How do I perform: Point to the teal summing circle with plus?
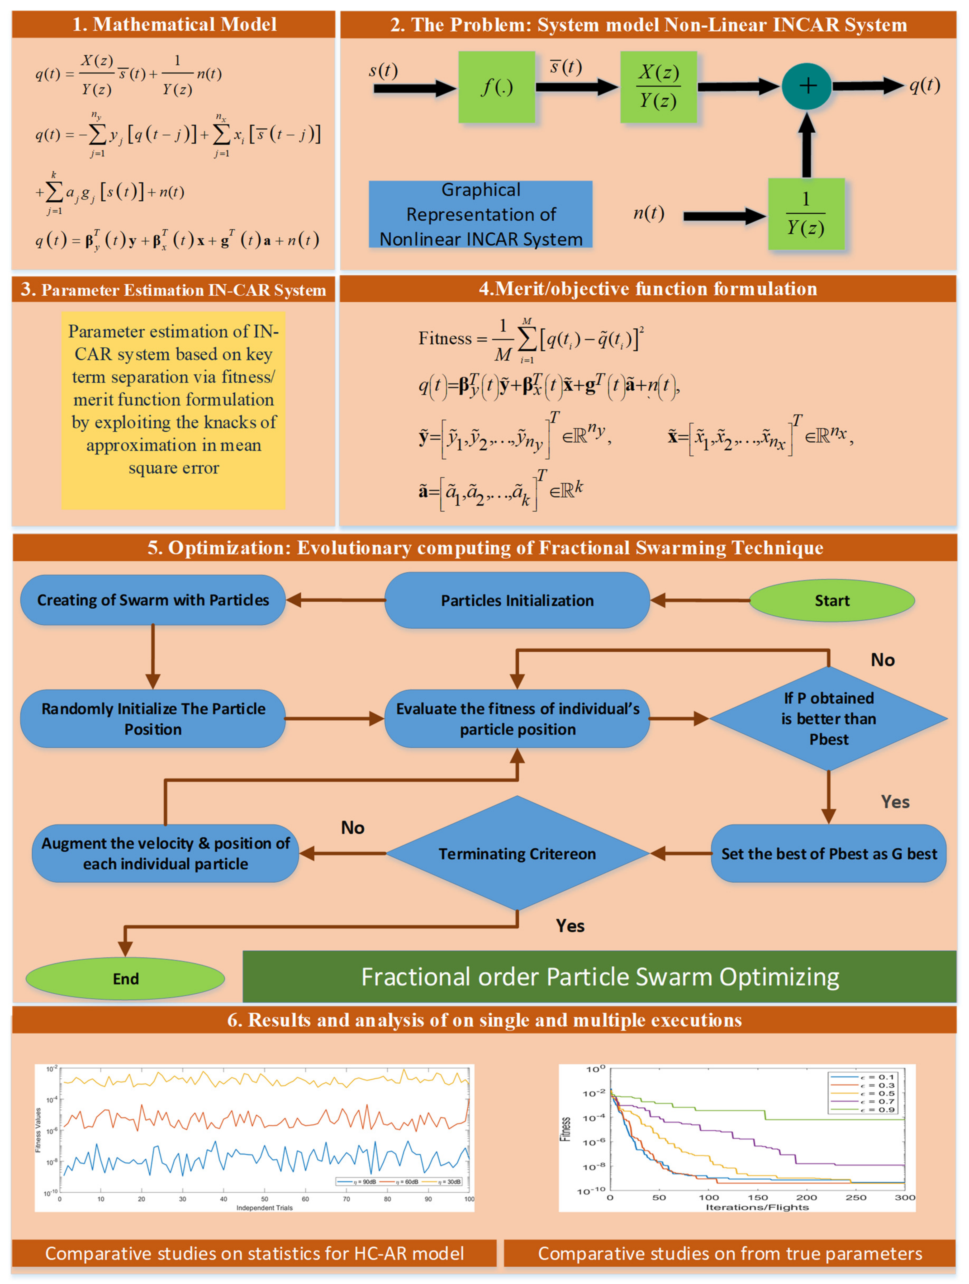coord(806,86)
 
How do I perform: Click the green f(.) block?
coord(497,87)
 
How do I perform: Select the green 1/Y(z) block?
coord(806,214)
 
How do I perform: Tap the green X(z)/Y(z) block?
coord(659,87)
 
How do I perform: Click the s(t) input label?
coord(383,71)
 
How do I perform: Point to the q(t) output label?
coord(924,85)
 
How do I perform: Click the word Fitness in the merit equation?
coord(445,338)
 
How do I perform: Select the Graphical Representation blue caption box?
coord(481,214)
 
